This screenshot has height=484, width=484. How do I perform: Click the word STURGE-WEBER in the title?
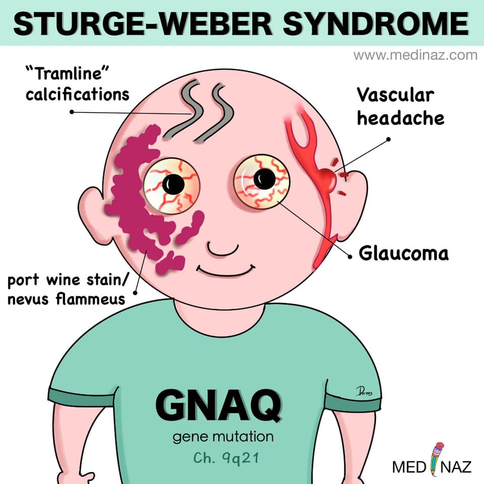(x=143, y=24)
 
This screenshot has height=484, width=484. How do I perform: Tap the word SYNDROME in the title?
(x=376, y=24)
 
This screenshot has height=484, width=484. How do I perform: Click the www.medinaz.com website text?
(x=415, y=55)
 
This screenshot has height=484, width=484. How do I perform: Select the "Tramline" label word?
(x=67, y=74)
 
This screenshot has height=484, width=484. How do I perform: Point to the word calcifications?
(x=78, y=94)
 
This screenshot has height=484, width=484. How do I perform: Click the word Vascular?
(x=396, y=95)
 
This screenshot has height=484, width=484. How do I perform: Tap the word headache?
(x=401, y=118)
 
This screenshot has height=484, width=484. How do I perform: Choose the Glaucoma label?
(x=404, y=254)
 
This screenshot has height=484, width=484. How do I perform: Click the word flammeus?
(x=90, y=299)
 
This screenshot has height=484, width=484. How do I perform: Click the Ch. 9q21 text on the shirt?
(x=226, y=458)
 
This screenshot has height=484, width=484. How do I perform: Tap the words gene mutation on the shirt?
(x=223, y=438)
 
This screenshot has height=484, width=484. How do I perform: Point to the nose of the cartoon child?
(x=223, y=250)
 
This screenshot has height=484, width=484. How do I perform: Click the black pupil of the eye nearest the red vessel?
(x=265, y=179)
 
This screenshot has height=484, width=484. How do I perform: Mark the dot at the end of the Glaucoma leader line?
(x=350, y=257)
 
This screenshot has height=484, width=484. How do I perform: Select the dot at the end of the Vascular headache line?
(x=389, y=140)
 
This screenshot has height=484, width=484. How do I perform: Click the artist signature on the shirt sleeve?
(x=364, y=391)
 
